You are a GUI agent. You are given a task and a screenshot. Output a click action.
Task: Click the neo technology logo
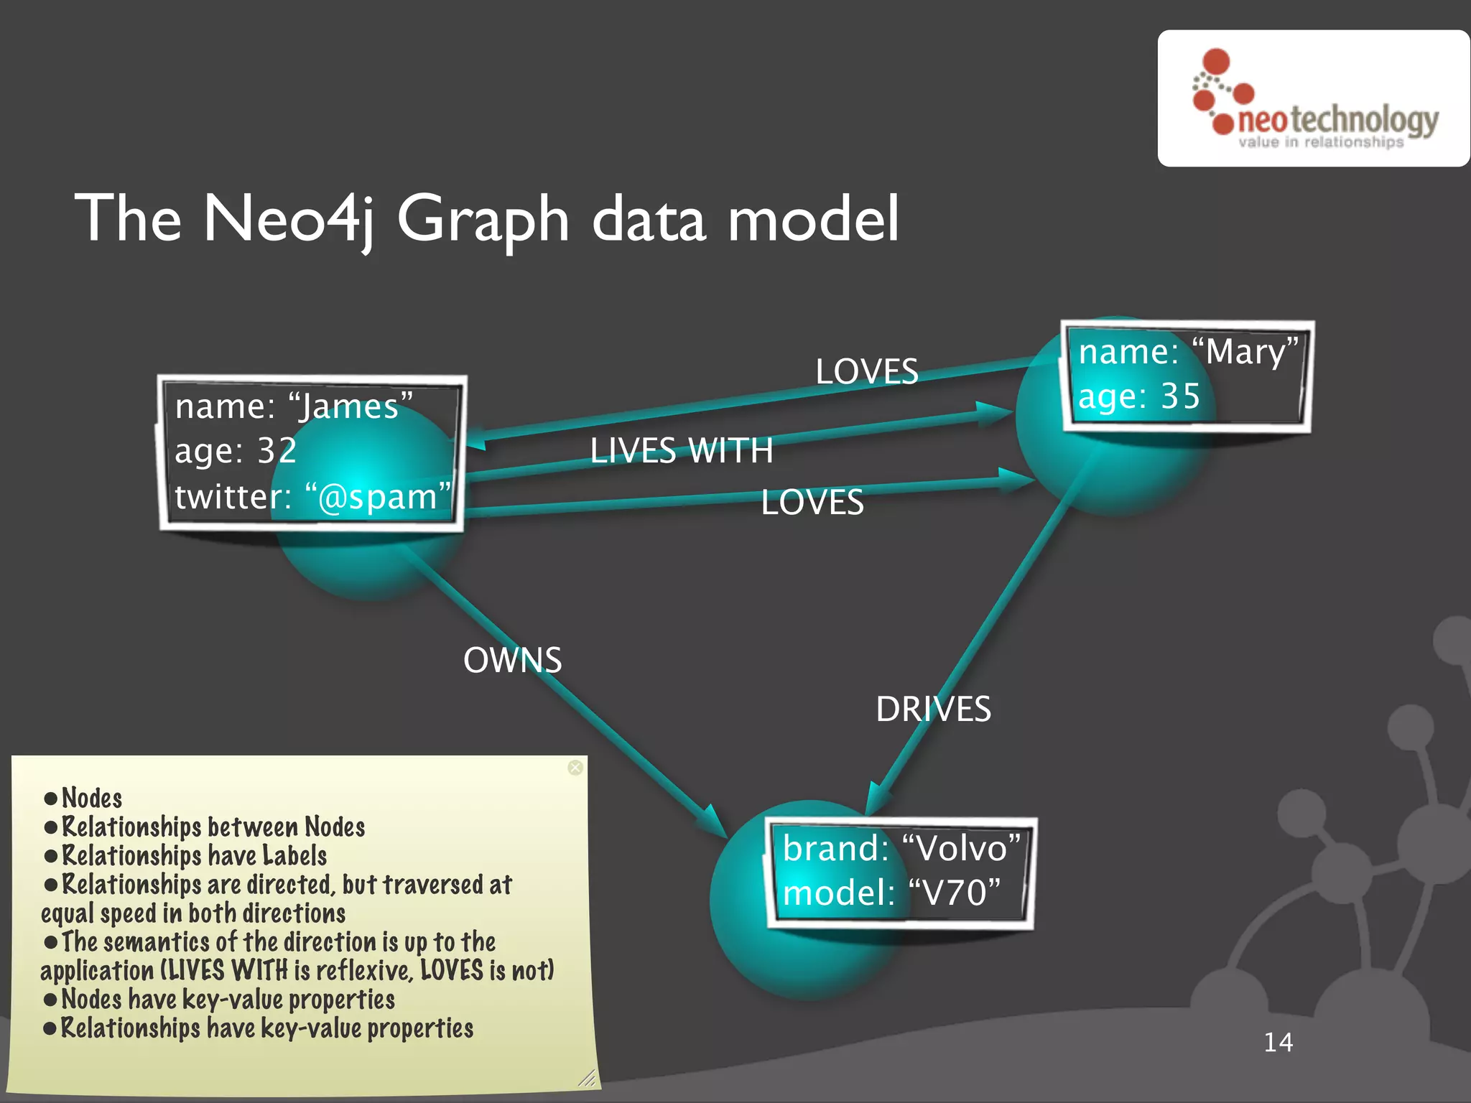(x=1314, y=99)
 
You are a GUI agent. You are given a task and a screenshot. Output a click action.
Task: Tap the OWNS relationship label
(x=512, y=660)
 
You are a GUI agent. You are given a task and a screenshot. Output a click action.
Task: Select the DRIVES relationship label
(x=933, y=709)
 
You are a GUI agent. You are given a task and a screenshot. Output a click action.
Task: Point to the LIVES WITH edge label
(x=681, y=451)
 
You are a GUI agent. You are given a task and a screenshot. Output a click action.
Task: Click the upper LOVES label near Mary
(x=866, y=372)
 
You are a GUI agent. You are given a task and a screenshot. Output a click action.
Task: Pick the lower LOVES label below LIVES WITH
(x=812, y=502)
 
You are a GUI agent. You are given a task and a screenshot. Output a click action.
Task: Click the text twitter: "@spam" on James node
(x=312, y=496)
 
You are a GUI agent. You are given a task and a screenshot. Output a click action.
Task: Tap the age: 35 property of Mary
(x=1139, y=396)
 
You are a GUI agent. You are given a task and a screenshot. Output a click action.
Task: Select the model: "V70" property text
(x=891, y=893)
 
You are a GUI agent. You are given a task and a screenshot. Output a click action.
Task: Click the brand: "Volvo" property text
(x=901, y=849)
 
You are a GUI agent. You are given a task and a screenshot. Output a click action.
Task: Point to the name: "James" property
(x=294, y=406)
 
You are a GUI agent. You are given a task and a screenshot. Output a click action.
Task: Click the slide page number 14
(x=1278, y=1042)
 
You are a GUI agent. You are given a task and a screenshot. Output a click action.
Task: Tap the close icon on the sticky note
(x=575, y=768)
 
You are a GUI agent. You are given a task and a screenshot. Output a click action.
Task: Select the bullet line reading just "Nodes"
(x=91, y=798)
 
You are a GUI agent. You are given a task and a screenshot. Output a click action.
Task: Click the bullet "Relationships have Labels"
(x=194, y=856)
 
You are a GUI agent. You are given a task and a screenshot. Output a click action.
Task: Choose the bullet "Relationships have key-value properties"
(x=266, y=1028)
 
